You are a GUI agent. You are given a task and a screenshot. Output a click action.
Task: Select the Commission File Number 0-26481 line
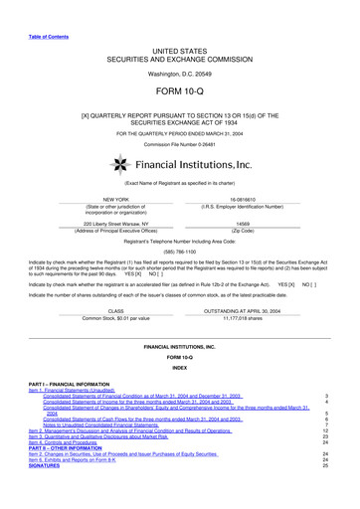(179, 145)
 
